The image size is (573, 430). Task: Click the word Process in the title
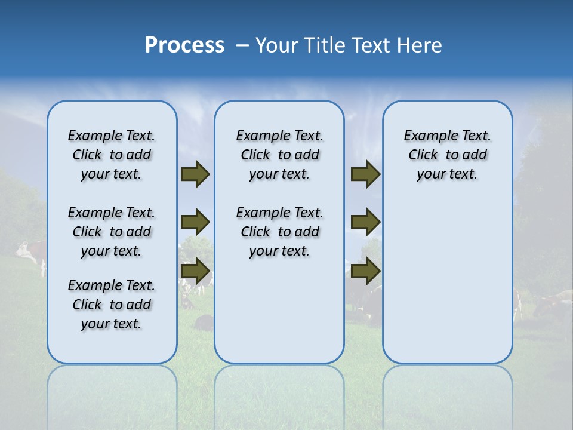pyautogui.click(x=184, y=45)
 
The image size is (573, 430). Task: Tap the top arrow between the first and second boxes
pyautogui.click(x=195, y=174)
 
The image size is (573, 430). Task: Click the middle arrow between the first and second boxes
pyautogui.click(x=195, y=222)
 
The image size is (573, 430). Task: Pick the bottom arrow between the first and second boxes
pyautogui.click(x=195, y=271)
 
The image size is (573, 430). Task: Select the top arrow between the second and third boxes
pyautogui.click(x=365, y=174)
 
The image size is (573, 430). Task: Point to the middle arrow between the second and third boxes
pyautogui.click(x=365, y=222)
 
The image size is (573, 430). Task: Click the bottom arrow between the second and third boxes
pyautogui.click(x=365, y=271)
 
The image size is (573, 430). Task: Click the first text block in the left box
pyautogui.click(x=112, y=155)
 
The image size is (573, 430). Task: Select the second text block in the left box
pyautogui.click(x=112, y=232)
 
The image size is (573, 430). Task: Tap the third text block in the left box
pyautogui.click(x=112, y=305)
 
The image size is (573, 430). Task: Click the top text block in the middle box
pyautogui.click(x=279, y=155)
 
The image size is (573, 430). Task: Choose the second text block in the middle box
pyautogui.click(x=279, y=232)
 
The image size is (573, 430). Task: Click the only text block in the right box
pyautogui.click(x=447, y=155)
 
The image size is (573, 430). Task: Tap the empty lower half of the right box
pyautogui.click(x=447, y=287)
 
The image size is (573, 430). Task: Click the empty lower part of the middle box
pyautogui.click(x=279, y=311)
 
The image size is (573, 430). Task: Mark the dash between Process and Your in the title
pyautogui.click(x=242, y=45)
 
